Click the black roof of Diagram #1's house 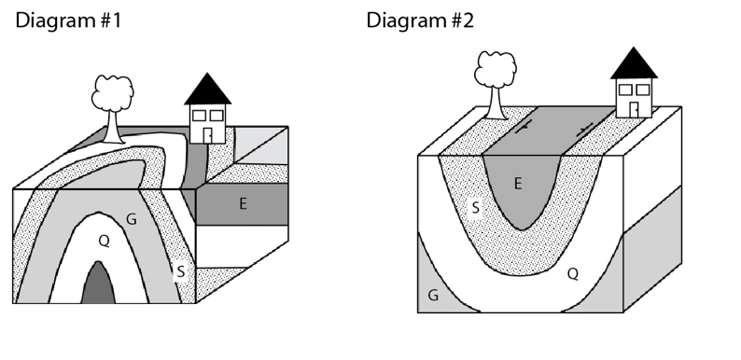[207, 90]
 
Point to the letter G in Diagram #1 [132, 218]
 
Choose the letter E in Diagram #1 [243, 204]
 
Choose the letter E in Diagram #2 [518, 183]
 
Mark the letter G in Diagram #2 [432, 295]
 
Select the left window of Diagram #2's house [624, 89]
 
